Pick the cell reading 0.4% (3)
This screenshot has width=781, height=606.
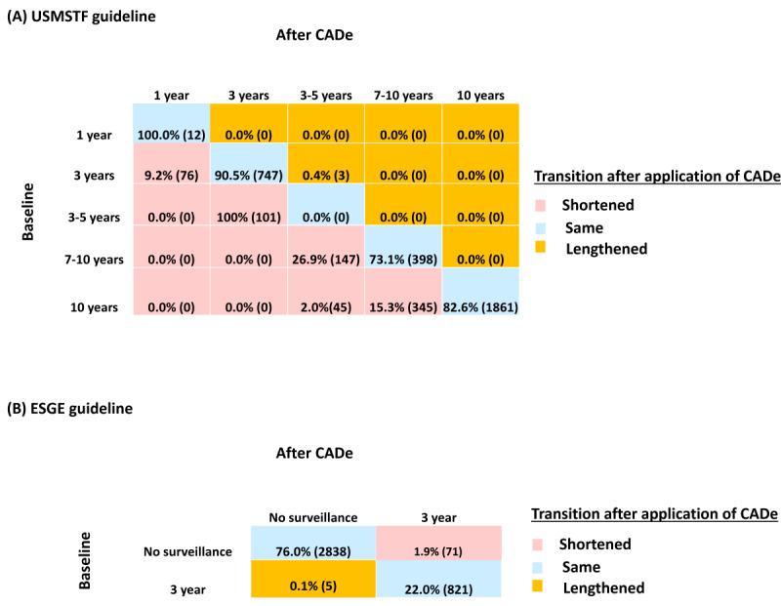click(x=325, y=177)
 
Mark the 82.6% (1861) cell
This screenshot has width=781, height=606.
click(x=480, y=306)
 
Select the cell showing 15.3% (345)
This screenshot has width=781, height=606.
click(x=402, y=306)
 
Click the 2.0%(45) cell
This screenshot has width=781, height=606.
click(x=325, y=306)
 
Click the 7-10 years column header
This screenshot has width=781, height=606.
click(x=402, y=96)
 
